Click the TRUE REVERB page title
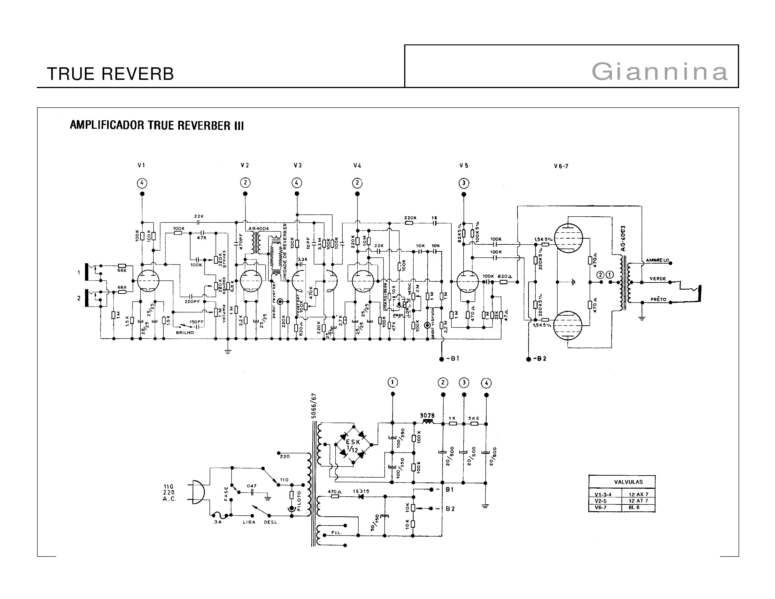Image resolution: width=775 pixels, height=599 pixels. tap(110, 74)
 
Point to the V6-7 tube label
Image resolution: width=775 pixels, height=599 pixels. tap(561, 166)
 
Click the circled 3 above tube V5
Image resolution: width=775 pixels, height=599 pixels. tap(463, 183)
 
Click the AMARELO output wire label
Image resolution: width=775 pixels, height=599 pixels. tap(657, 260)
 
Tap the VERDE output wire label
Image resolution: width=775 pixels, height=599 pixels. tap(658, 279)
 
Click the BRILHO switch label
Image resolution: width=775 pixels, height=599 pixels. tap(185, 332)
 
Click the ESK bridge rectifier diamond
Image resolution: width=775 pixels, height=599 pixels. tap(353, 445)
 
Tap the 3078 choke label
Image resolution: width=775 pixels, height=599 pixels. tap(427, 416)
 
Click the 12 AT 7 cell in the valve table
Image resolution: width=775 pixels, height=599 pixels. tap(638, 501)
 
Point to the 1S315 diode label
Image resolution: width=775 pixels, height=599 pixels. tap(361, 491)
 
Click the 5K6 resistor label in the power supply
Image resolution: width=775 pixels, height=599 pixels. tap(473, 418)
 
